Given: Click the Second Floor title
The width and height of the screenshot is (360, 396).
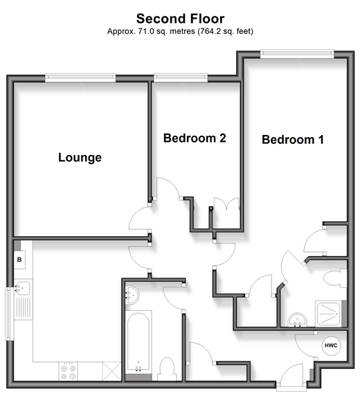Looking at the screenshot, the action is [180, 19].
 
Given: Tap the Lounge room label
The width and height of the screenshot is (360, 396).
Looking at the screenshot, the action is [80, 158].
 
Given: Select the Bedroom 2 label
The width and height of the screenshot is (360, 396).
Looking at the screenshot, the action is [195, 138].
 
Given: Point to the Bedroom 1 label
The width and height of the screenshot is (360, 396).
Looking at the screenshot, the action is [293, 140].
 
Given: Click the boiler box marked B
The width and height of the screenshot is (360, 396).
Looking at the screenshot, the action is [19, 260].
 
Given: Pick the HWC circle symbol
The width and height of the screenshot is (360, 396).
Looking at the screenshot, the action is [331, 345].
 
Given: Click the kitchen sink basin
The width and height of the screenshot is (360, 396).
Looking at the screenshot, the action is [23, 288].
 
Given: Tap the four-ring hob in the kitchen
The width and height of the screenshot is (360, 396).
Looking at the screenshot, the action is [69, 372].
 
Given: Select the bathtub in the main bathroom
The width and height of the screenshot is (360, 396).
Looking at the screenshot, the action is [138, 342].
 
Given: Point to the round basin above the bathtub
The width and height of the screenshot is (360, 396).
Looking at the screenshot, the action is [132, 295].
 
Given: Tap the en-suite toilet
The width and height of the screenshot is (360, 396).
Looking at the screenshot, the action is [334, 278].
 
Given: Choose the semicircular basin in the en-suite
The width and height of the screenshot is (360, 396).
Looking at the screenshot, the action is [298, 320].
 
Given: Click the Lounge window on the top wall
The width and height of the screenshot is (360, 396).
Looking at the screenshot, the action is [80, 78].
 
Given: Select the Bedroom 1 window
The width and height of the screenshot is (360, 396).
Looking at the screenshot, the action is [297, 53].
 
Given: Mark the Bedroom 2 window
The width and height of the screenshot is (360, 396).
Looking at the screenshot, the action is [181, 78].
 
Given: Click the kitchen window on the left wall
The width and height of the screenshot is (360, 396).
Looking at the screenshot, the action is [10, 314].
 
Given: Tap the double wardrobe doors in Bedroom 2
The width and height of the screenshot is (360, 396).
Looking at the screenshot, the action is [226, 204].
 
